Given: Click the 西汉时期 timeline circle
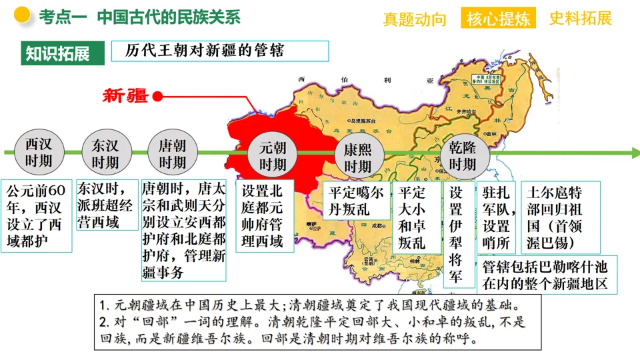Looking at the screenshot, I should coord(38,153).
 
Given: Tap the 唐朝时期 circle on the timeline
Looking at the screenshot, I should coord(172,153).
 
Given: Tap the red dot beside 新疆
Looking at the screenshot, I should coord(158,96).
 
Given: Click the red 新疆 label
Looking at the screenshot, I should coord(125,95).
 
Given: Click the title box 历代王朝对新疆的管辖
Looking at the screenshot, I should coord(219,51).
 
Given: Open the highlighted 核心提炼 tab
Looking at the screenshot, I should coord(499,19).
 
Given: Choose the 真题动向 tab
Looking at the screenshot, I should coord(415,19).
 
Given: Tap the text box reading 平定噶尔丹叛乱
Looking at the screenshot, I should coord(356,201).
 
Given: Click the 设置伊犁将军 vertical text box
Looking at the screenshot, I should coord(457,233).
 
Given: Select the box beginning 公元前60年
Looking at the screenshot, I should coord(37,215).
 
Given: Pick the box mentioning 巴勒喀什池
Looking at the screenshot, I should coord(547,275).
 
